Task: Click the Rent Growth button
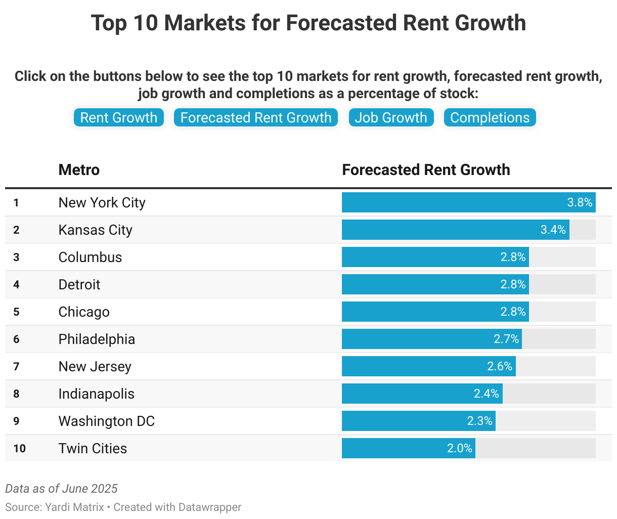click(119, 117)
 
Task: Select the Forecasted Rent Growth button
click(256, 117)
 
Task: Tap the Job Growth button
click(391, 117)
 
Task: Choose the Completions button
click(490, 117)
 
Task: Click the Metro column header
click(79, 170)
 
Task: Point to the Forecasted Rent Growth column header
click(426, 170)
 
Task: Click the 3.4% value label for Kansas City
click(553, 230)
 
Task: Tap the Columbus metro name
click(90, 257)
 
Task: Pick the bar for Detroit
click(435, 284)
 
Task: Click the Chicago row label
click(84, 312)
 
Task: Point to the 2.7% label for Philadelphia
click(506, 339)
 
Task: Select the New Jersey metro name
click(95, 366)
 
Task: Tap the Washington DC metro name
click(106, 421)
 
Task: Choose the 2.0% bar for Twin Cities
click(408, 448)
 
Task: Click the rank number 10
click(19, 449)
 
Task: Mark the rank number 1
click(16, 203)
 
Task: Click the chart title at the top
click(308, 23)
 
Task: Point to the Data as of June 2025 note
click(61, 489)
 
